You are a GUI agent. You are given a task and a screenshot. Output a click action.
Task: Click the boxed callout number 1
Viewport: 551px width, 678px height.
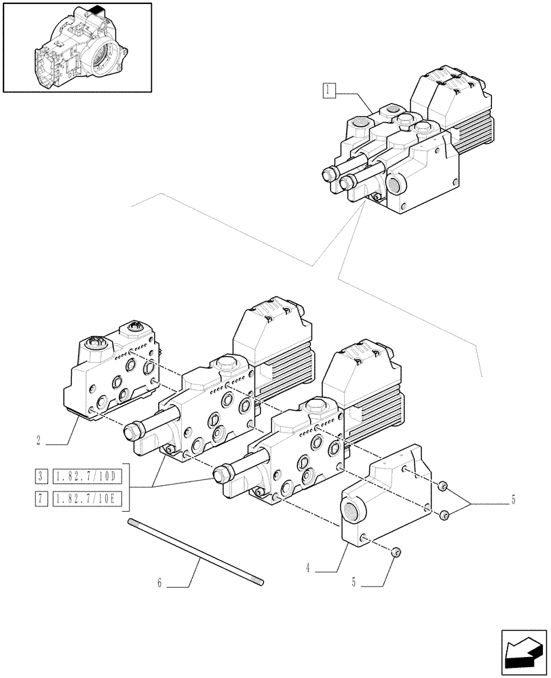(329, 89)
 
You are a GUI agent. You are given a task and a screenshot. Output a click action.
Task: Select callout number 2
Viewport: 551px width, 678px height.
(40, 440)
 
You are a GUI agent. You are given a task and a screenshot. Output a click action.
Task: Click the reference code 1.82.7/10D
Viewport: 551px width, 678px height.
(87, 476)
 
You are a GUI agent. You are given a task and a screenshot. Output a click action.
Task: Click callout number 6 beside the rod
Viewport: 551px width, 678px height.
(159, 582)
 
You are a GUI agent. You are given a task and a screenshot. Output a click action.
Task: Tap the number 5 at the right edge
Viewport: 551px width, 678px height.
(513, 500)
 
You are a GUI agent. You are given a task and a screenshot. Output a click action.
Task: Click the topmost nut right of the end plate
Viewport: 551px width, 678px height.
(442, 486)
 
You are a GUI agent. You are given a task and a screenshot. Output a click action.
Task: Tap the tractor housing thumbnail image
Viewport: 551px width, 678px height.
(77, 47)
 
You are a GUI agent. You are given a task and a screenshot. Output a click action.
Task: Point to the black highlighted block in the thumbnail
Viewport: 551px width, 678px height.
(95, 12)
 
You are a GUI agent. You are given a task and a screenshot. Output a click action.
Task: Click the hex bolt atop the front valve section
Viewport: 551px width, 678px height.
(314, 407)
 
